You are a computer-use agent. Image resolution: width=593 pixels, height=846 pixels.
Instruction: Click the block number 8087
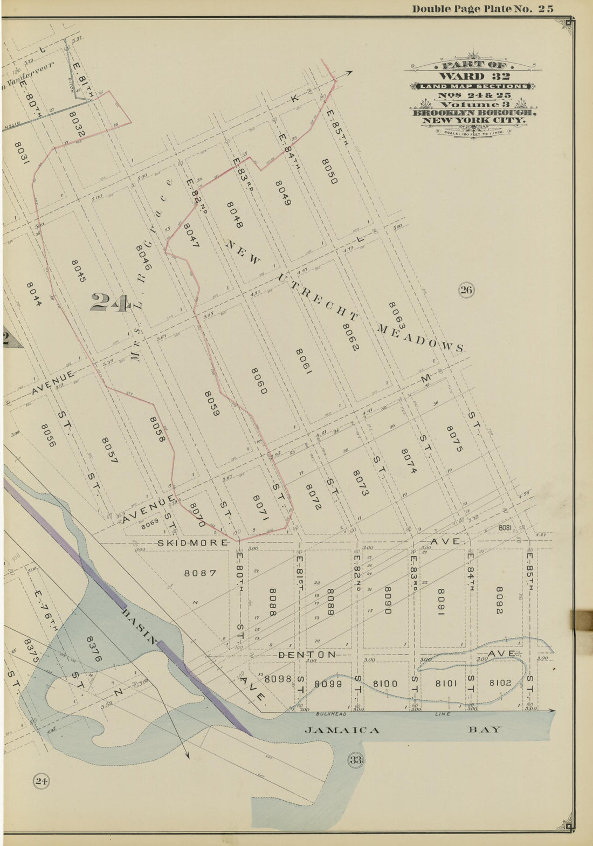pyautogui.click(x=201, y=573)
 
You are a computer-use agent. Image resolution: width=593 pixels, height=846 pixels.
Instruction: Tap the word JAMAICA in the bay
pyautogui.click(x=342, y=730)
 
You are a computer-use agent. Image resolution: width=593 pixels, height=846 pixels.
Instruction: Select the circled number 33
pyautogui.click(x=356, y=760)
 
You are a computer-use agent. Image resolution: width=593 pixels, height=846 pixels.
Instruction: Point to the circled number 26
pyautogui.click(x=466, y=291)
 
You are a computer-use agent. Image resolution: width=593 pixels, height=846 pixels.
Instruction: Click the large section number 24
pyautogui.click(x=110, y=302)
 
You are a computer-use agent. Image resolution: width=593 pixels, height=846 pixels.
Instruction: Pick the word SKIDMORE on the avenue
pyautogui.click(x=192, y=542)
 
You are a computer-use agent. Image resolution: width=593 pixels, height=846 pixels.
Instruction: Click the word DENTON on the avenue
pyautogui.click(x=307, y=654)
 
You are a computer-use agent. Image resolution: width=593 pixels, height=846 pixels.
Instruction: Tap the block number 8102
pyautogui.click(x=500, y=683)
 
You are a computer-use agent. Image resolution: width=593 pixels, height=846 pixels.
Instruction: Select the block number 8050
pyautogui.click(x=329, y=171)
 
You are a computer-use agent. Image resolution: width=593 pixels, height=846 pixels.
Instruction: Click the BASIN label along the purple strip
pyautogui.click(x=141, y=627)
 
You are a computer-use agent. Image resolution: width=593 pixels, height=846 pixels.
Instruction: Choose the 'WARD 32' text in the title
pyautogui.click(x=474, y=76)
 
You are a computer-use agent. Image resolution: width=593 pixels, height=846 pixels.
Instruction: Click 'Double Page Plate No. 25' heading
pyautogui.click(x=482, y=9)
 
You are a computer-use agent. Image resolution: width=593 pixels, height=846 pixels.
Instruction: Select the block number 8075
pyautogui.click(x=454, y=438)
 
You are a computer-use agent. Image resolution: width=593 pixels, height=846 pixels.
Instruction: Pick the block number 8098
pyautogui.click(x=278, y=679)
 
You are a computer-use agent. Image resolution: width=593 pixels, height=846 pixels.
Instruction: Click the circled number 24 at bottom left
pyautogui.click(x=42, y=781)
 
